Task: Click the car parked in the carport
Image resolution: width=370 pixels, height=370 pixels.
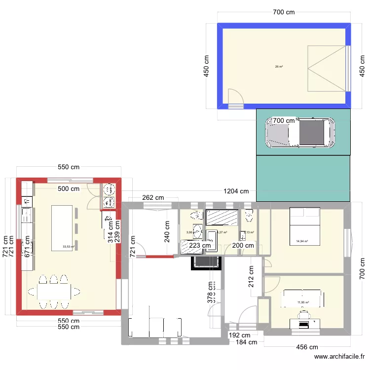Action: pyautogui.click(x=300, y=132)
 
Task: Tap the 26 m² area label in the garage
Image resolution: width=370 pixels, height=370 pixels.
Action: pyautogui.click(x=279, y=67)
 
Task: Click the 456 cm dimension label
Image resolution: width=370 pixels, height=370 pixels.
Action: pyautogui.click(x=306, y=347)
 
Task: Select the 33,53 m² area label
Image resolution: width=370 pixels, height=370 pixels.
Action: pyautogui.click(x=68, y=247)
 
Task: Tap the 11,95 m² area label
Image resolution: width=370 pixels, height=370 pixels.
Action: pyautogui.click(x=302, y=302)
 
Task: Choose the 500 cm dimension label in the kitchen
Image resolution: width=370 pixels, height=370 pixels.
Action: pyautogui.click(x=68, y=188)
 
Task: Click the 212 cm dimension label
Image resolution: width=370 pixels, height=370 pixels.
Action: pyautogui.click(x=251, y=277)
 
